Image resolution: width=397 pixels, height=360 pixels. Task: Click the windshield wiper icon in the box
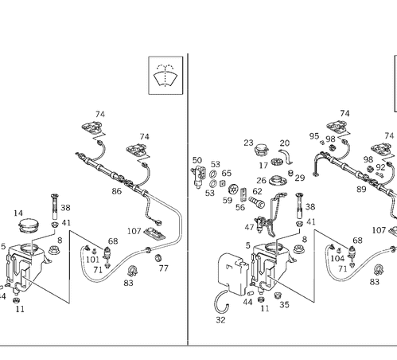point(165,76)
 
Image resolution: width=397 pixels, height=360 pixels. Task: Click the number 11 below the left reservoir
point(19,308)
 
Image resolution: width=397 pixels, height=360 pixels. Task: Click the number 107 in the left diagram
point(134,230)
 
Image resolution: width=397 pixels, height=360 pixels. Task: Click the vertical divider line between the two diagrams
point(188,199)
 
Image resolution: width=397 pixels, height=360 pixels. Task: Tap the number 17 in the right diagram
point(264,165)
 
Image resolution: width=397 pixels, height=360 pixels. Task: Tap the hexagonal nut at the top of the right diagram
point(343,126)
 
